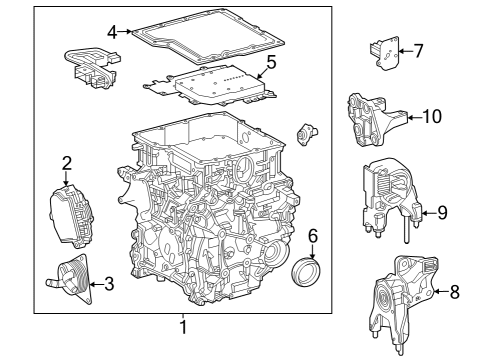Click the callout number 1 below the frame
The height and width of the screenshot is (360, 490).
[183, 327]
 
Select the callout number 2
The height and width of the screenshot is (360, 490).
[67, 162]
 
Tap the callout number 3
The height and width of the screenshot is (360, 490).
[109, 284]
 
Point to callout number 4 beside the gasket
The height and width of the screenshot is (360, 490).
[113, 31]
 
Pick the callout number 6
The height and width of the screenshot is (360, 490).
[312, 236]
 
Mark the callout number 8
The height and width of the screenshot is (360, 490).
[455, 292]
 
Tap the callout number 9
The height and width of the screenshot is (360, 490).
[441, 212]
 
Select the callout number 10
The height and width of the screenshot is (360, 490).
[431, 117]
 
